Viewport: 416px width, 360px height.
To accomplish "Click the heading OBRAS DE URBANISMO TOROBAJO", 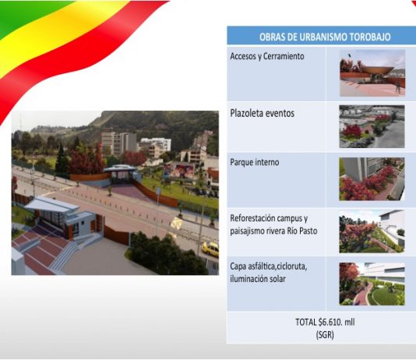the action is [325, 37].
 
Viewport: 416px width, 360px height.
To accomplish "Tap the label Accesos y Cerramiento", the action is [267, 57].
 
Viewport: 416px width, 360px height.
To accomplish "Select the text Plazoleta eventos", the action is [262, 113].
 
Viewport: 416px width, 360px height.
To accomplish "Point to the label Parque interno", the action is [255, 162].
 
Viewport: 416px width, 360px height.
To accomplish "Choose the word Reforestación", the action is [252, 218].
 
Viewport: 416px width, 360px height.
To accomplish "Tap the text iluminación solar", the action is [258, 279].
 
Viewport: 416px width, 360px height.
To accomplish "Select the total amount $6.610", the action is [330, 322].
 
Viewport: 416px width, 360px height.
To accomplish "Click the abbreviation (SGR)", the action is [325, 335].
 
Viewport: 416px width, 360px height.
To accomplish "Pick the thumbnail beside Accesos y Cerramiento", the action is [372, 73].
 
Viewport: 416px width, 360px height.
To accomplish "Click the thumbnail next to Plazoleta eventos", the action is [372, 126].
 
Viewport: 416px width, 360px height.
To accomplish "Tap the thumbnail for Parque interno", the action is [372, 179].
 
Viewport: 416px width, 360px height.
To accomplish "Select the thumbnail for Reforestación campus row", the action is [372, 231].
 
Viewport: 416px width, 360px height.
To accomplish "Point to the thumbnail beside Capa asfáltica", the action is [372, 284].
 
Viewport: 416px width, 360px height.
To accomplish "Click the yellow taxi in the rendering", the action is [210, 249].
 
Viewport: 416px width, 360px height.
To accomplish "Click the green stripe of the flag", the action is [21, 13].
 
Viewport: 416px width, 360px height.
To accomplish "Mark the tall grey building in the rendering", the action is [119, 143].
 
